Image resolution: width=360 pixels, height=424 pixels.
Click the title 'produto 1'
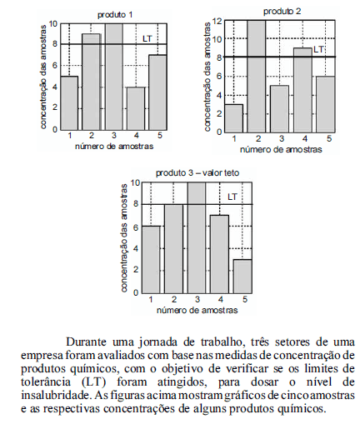pyautogui.click(x=115, y=15)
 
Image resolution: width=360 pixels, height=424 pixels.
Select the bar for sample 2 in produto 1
pyautogui.click(x=92, y=82)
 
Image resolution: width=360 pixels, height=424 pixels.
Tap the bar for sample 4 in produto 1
pyautogui.click(x=136, y=108)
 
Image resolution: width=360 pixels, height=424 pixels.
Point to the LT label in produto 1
pyautogui.click(x=147, y=38)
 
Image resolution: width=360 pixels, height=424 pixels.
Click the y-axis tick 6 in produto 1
pyautogui.click(x=54, y=66)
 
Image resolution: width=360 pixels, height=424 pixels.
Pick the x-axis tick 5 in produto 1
pyautogui.click(x=160, y=136)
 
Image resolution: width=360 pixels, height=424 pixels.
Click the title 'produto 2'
pyautogui.click(x=282, y=12)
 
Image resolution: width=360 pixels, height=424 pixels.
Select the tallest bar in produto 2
pyautogui.click(x=257, y=76)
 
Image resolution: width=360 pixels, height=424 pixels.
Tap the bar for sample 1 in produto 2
pyautogui.click(x=233, y=118)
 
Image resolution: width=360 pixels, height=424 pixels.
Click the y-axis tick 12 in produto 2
pyautogui.click(x=217, y=21)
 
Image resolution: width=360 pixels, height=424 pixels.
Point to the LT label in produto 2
pyautogui.click(x=318, y=49)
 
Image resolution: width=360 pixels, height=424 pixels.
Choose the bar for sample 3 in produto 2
pyautogui.click(x=280, y=108)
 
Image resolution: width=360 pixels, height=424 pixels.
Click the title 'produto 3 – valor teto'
pyautogui.click(x=197, y=173)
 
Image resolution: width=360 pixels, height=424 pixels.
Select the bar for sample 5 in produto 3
pyautogui.click(x=242, y=277)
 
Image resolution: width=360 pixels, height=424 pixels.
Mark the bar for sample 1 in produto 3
pyautogui.click(x=151, y=260)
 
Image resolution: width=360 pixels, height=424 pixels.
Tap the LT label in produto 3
pyautogui.click(x=232, y=197)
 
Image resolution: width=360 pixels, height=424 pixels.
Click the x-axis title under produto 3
pyautogui.click(x=197, y=310)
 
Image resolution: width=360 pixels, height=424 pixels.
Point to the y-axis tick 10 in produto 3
pyautogui.click(x=135, y=183)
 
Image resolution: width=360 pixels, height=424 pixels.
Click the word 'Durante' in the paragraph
pyautogui.click(x=86, y=342)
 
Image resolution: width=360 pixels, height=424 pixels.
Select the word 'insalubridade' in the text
pyautogui.click(x=56, y=395)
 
